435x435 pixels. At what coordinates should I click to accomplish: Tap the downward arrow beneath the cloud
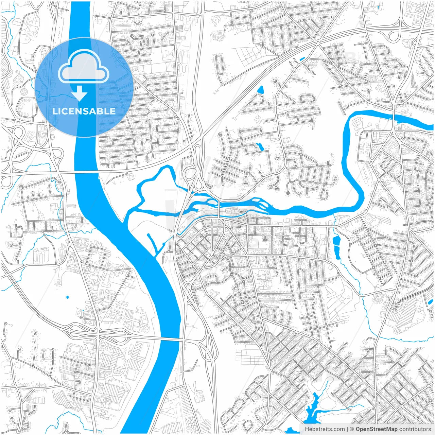pyautogui.click(x=80, y=93)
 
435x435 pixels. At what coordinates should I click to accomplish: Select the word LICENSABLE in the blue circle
pyautogui.click(x=84, y=111)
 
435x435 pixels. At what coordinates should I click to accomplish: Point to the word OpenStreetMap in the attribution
pyautogui.click(x=377, y=429)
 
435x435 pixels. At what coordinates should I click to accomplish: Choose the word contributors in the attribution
pyautogui.click(x=415, y=429)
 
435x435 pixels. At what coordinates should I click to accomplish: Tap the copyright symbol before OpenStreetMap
pyautogui.click(x=352, y=429)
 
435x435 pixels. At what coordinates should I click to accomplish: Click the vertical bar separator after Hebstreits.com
pyautogui.click(x=347, y=429)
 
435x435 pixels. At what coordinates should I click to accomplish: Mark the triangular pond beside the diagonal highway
pyautogui.click(x=261, y=90)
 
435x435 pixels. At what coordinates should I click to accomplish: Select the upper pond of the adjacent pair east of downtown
pyautogui.click(x=337, y=241)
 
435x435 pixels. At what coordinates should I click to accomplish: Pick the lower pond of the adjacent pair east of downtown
pyautogui.click(x=337, y=252)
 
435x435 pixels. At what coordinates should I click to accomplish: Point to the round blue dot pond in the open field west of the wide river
pyautogui.click(x=67, y=297)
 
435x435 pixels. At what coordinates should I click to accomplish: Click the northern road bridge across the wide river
pyautogui.click(x=87, y=172)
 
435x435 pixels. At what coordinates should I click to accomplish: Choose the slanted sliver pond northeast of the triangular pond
pyautogui.click(x=302, y=59)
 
